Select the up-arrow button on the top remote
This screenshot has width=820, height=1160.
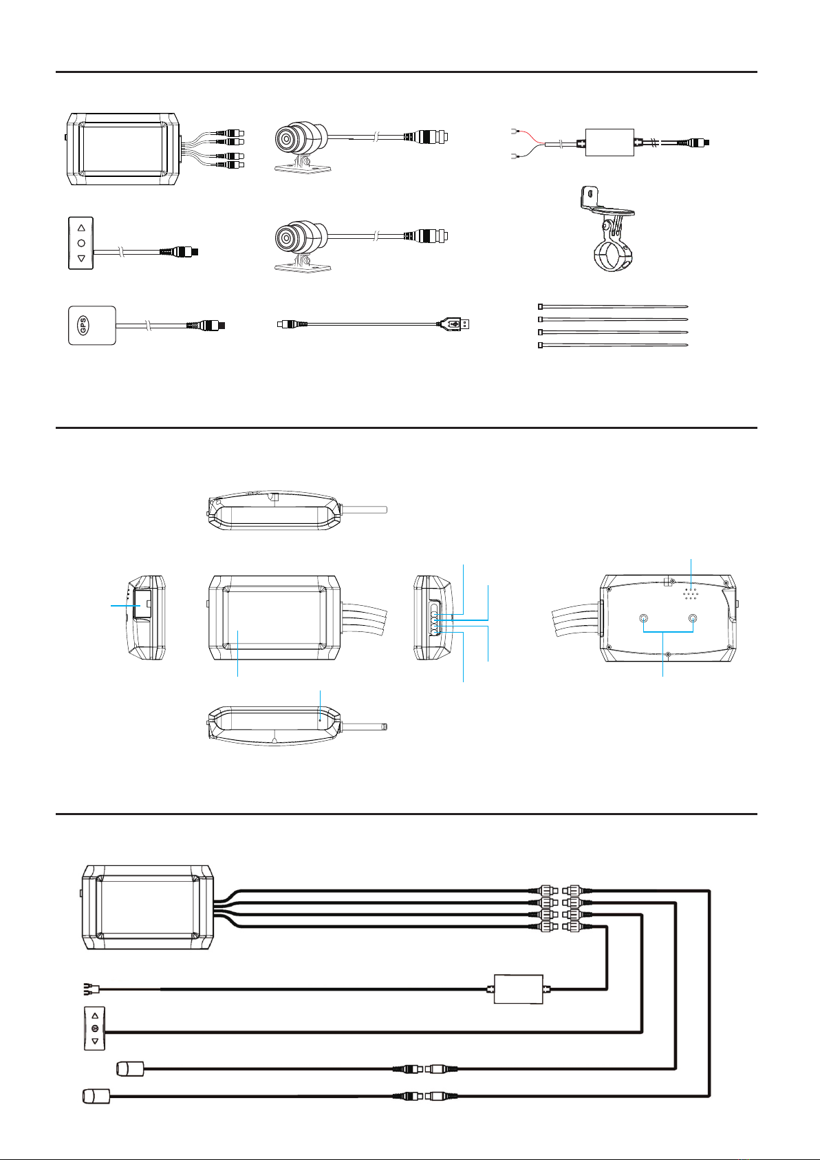[x=81, y=227]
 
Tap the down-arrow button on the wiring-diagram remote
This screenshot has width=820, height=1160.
[x=95, y=1041]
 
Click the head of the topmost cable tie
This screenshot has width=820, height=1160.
[x=541, y=306]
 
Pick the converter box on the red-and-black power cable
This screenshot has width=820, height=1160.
[x=609, y=143]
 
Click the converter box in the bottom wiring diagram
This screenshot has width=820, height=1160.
[x=519, y=989]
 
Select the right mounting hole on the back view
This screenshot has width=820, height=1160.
[x=693, y=618]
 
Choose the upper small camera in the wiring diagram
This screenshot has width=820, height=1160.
[x=130, y=1069]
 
